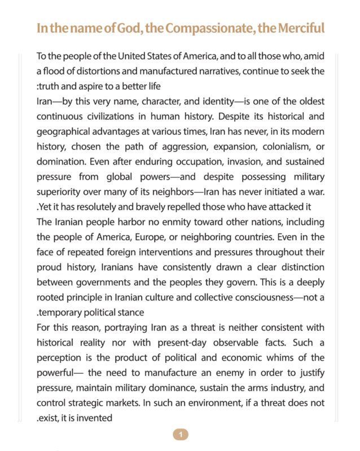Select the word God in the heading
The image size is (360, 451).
pyautogui.click(x=127, y=28)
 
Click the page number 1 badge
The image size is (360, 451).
pyautogui.click(x=180, y=434)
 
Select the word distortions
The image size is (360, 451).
pyautogui.click(x=94, y=72)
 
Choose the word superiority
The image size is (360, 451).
pyautogui.click(x=61, y=191)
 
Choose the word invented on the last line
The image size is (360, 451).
pyautogui.click(x=95, y=418)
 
